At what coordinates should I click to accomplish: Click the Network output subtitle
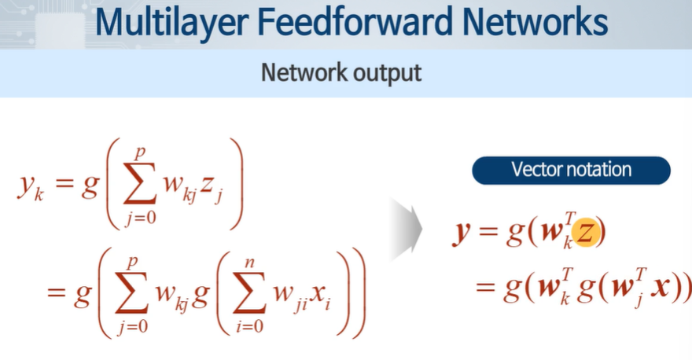pyautogui.click(x=341, y=73)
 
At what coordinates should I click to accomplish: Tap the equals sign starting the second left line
pyautogui.click(x=55, y=293)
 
